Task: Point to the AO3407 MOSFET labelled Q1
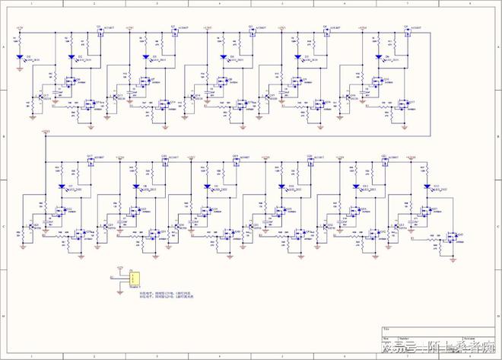(100, 32)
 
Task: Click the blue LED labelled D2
(71, 57)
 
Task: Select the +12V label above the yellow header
(120, 267)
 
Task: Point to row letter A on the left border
(4, 47)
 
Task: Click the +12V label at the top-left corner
(20, 28)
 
